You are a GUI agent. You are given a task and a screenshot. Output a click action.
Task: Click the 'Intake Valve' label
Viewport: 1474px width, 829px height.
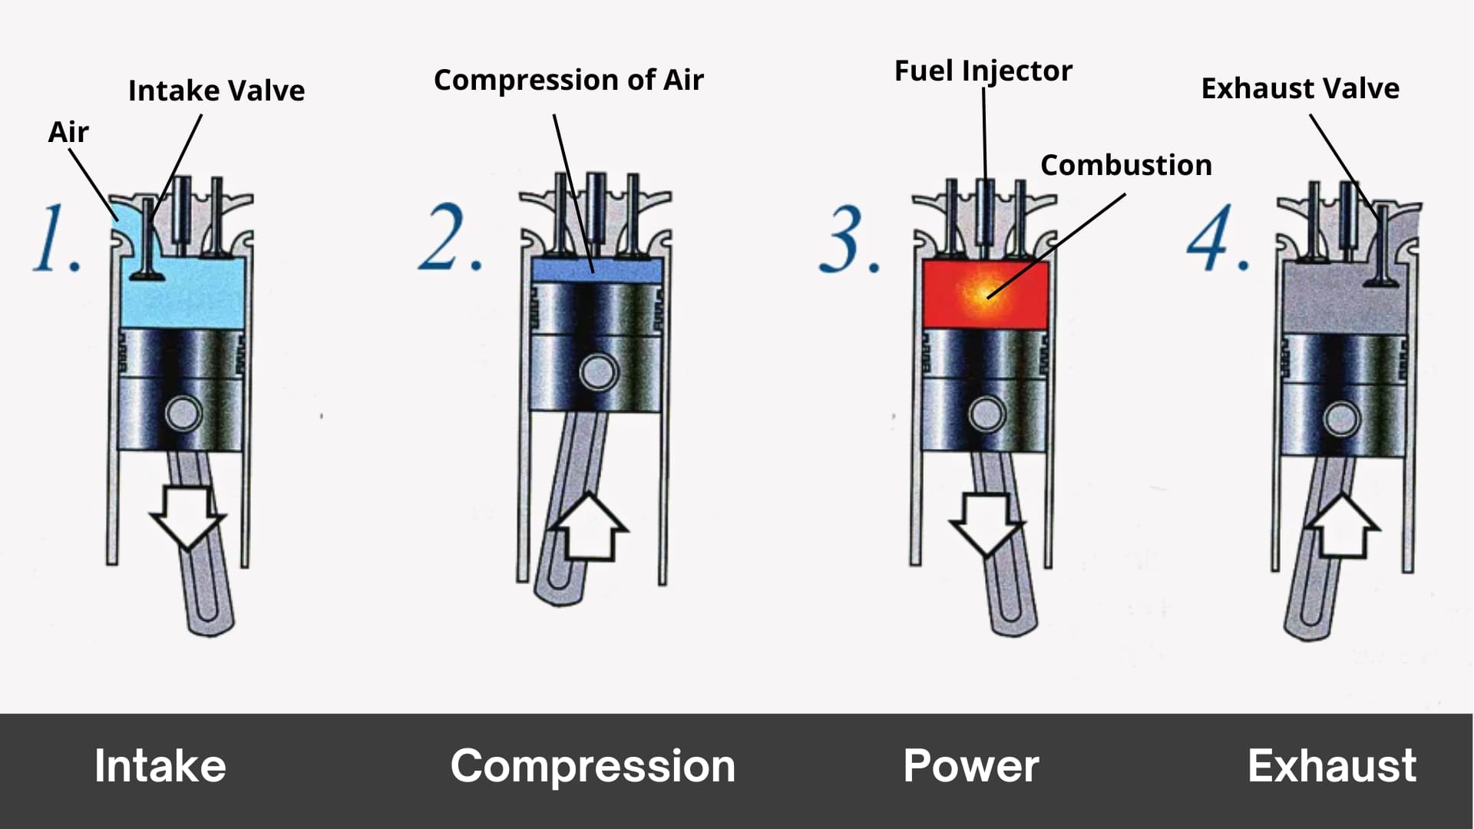click(x=216, y=91)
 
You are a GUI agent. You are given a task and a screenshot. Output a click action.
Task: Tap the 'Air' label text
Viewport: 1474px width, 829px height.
click(x=68, y=132)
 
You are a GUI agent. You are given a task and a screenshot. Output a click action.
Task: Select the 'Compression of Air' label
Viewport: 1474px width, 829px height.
click(x=568, y=80)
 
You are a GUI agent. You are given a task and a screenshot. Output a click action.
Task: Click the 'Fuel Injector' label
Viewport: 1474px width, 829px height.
click(x=983, y=71)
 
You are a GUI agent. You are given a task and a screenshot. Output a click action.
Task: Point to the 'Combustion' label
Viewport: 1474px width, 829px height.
click(x=1125, y=165)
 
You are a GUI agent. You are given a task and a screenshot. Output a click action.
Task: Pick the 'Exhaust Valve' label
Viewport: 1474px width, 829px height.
click(x=1300, y=88)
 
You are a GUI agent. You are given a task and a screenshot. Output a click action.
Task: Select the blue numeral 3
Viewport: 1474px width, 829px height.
click(x=848, y=239)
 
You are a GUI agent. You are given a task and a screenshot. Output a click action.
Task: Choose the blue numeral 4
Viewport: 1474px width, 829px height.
click(x=1215, y=237)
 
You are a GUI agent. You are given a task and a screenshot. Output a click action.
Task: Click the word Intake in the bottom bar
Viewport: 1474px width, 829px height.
click(x=160, y=766)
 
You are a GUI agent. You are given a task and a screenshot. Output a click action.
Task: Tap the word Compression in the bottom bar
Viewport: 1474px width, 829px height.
click(x=592, y=766)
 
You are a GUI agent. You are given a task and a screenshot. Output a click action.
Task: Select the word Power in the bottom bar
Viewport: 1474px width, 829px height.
click(x=970, y=766)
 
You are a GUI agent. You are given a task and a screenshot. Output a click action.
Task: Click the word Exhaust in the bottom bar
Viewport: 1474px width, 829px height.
click(x=1331, y=766)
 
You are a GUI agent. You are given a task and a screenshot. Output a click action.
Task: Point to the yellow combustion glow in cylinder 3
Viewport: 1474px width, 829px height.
click(x=983, y=293)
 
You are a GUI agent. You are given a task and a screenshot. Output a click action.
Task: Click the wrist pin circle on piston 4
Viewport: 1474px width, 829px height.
click(x=1341, y=419)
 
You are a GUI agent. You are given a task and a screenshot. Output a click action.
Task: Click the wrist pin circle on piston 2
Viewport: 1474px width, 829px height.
click(x=597, y=372)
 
